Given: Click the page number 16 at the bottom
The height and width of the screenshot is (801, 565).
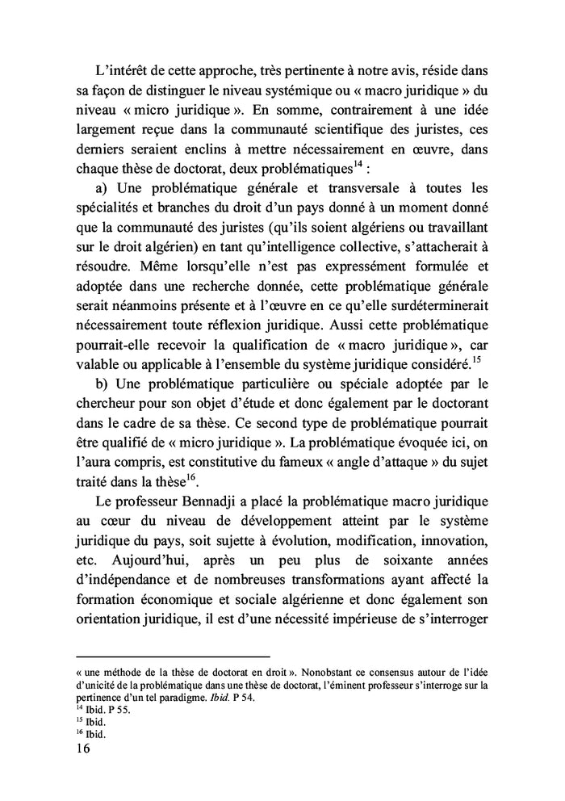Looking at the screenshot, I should point(82,749).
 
